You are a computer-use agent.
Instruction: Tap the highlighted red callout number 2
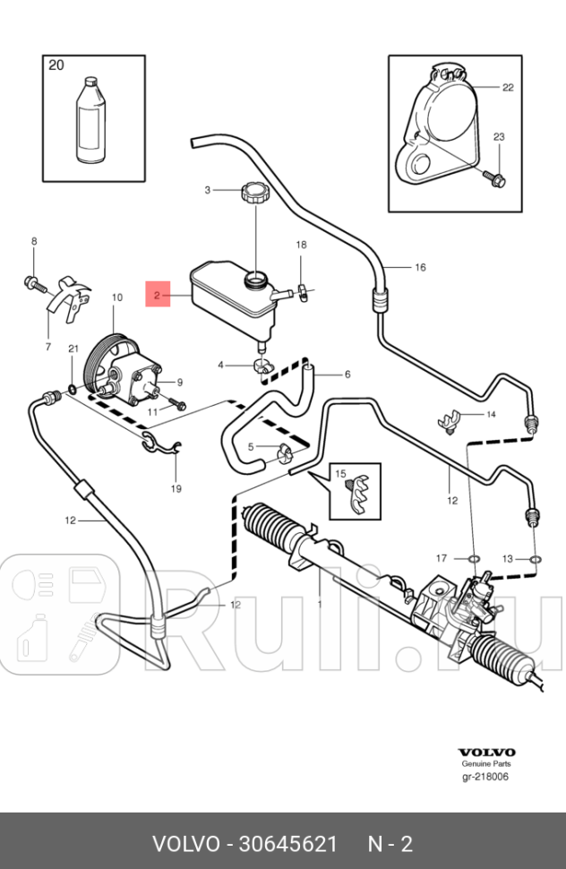(157, 293)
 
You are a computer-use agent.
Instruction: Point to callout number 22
(508, 87)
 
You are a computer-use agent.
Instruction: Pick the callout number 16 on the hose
(419, 267)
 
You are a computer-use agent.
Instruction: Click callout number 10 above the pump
(116, 297)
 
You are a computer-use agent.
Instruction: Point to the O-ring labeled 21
(72, 390)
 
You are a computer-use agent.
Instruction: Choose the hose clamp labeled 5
(286, 452)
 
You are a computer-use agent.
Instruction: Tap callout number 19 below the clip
(176, 488)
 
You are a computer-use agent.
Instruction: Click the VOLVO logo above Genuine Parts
(486, 753)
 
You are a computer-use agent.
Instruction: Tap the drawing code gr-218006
(485, 777)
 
